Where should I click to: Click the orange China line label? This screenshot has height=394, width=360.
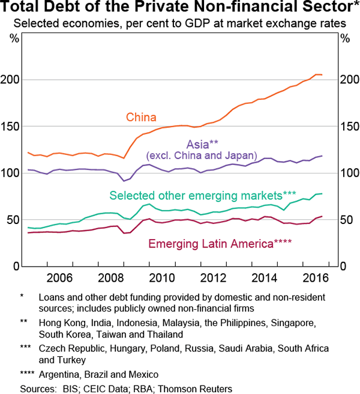pos(140,117)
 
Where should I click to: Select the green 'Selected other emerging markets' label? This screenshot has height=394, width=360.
pos(203,196)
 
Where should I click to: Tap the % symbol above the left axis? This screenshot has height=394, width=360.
pos(14,39)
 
